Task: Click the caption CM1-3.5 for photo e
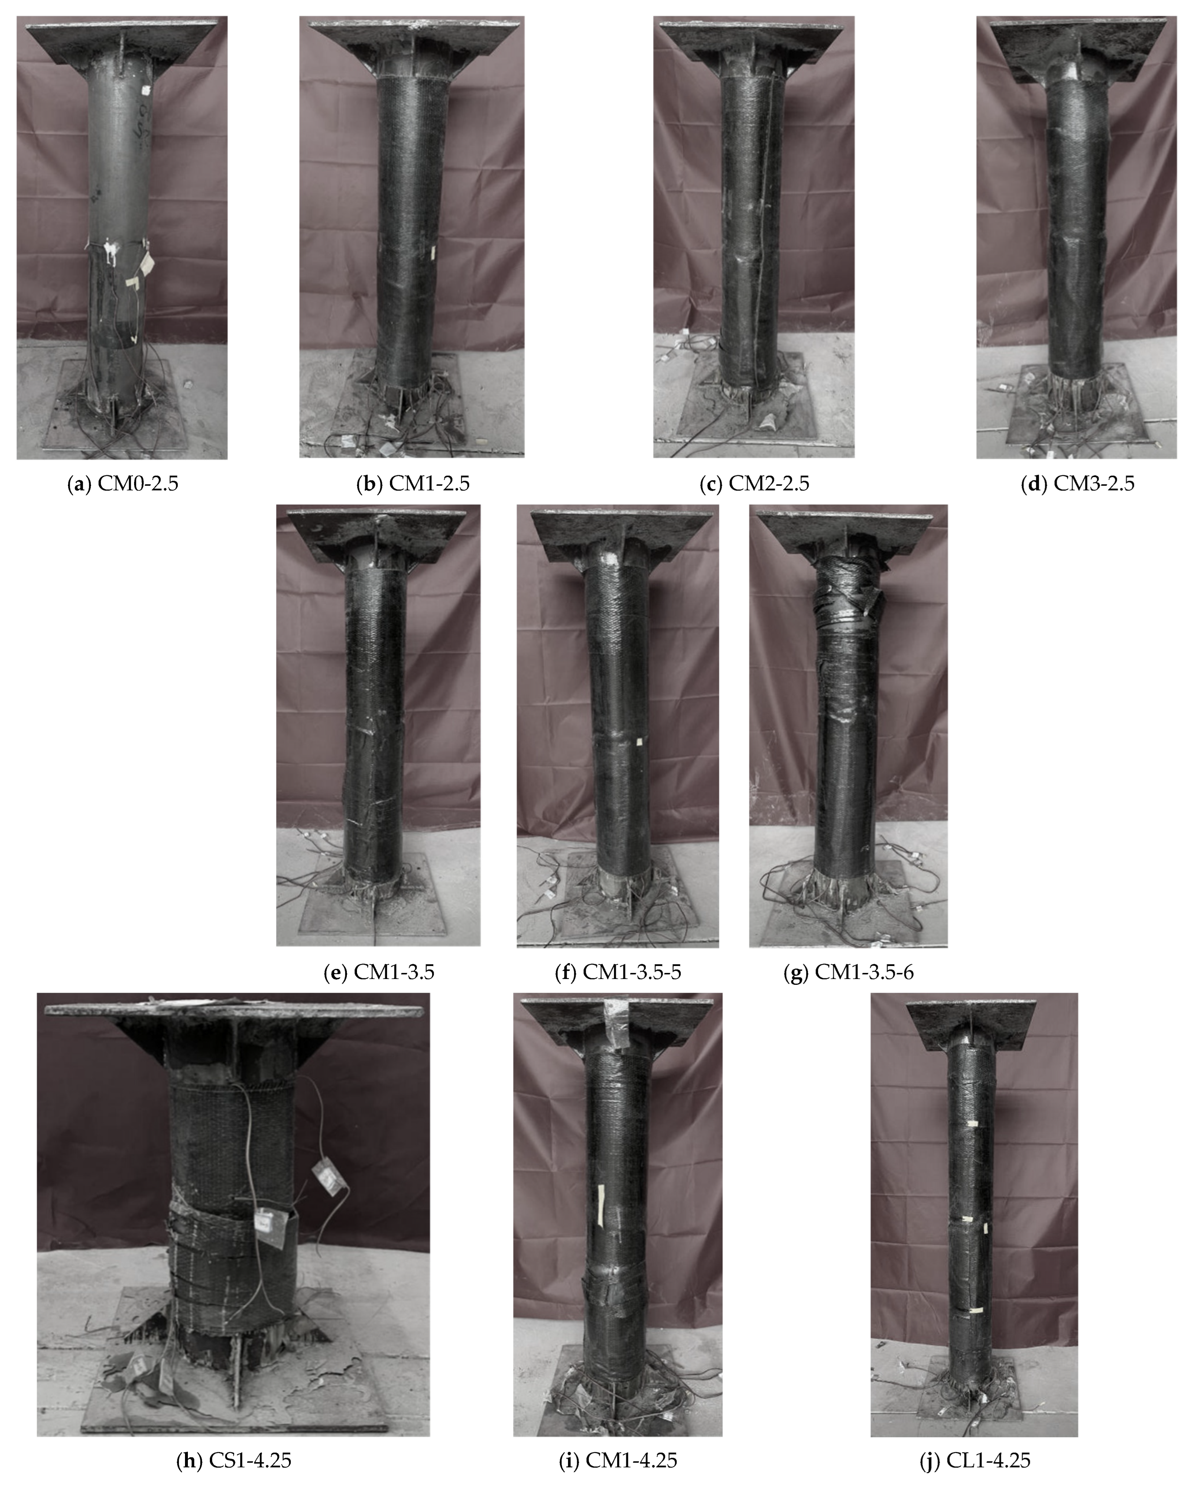[379, 973]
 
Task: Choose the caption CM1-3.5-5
[618, 973]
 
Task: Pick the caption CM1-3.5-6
[849, 973]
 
